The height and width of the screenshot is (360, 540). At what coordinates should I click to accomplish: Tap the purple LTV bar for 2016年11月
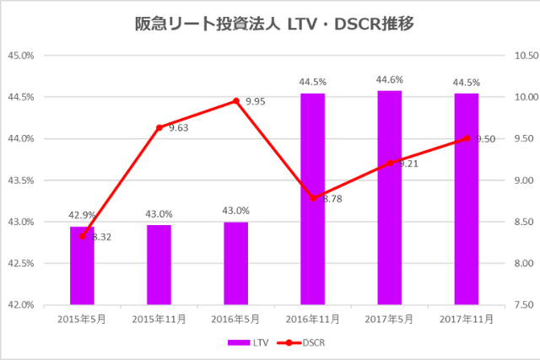coord(312,199)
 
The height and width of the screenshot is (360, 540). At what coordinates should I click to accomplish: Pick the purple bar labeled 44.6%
coord(389,197)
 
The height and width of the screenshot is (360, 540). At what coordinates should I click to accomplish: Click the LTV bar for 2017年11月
coord(466,199)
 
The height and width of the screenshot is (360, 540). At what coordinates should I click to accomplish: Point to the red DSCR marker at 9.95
coord(236,101)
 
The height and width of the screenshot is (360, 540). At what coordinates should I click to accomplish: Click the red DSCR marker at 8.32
coord(82,236)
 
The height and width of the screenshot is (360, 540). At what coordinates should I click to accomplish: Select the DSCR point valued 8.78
coord(313,198)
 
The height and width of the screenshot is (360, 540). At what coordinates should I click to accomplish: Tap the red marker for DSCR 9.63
coord(159,127)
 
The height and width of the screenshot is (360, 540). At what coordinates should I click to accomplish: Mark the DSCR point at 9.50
coord(466,138)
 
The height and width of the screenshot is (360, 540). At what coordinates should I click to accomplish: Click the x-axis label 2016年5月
coord(235,319)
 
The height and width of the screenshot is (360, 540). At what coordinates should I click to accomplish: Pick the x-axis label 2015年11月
coord(159,319)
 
